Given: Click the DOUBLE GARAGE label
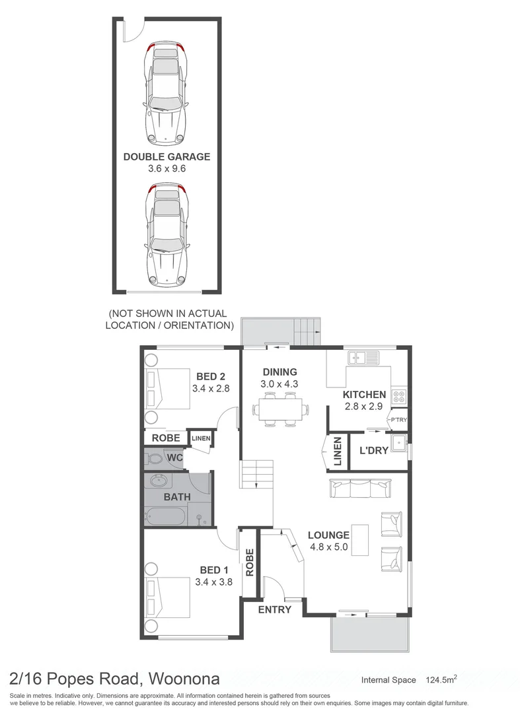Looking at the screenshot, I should (x=167, y=156).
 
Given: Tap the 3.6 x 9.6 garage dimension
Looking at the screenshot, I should (x=167, y=169).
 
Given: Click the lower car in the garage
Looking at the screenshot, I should (x=166, y=235).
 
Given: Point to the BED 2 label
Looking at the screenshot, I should (x=210, y=376).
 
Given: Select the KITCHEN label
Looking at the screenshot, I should (x=364, y=395).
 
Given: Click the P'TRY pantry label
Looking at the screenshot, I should (x=398, y=420).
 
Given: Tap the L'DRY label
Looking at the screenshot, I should (x=373, y=451).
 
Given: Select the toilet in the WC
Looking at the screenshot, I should (x=155, y=457).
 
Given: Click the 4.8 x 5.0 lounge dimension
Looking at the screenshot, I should (x=328, y=547).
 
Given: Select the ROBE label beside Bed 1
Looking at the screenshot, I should (x=250, y=562).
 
